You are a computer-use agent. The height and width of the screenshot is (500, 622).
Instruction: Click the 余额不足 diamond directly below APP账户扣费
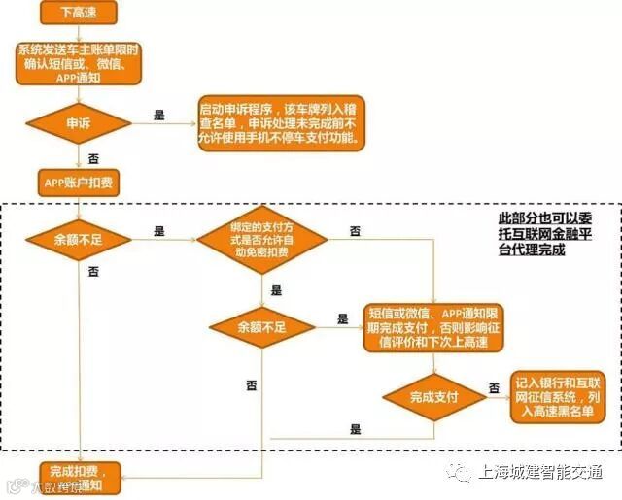[78, 239]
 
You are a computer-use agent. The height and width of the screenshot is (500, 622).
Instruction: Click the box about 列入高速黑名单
[558, 397]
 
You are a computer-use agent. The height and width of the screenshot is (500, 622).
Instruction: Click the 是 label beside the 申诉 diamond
[159, 115]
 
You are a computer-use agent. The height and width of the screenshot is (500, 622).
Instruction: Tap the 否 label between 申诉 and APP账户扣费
[92, 156]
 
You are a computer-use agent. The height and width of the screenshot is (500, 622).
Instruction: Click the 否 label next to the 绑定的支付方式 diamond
[356, 231]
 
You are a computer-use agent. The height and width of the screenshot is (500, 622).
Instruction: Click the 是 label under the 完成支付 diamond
[356, 429]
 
